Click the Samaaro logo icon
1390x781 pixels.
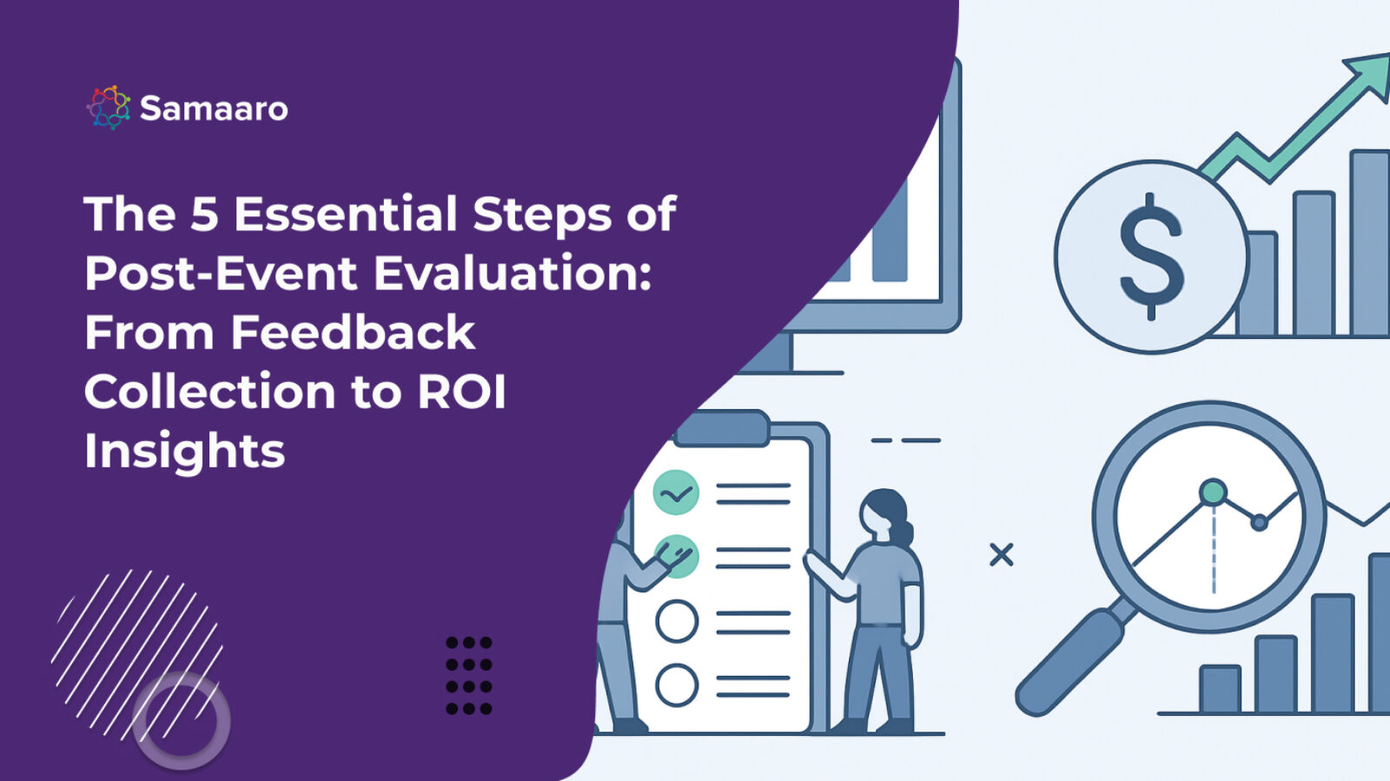pos(109,108)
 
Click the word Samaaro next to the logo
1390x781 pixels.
pos(214,109)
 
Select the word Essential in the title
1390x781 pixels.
pos(346,214)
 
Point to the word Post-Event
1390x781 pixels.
pos(221,273)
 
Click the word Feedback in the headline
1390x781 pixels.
pos(353,333)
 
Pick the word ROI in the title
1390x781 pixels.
pos(461,392)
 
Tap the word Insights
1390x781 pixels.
pos(184,451)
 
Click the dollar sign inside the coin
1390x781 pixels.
pos(1150,256)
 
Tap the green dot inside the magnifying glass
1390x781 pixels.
pos(1213,493)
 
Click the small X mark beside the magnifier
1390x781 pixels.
pos(1001,554)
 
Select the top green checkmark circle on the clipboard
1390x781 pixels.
pos(676,493)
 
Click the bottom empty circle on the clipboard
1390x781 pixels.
pos(677,685)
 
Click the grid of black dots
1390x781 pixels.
pos(469,676)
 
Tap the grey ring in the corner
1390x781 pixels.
pos(181,720)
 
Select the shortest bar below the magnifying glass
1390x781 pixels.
pos(1220,689)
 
